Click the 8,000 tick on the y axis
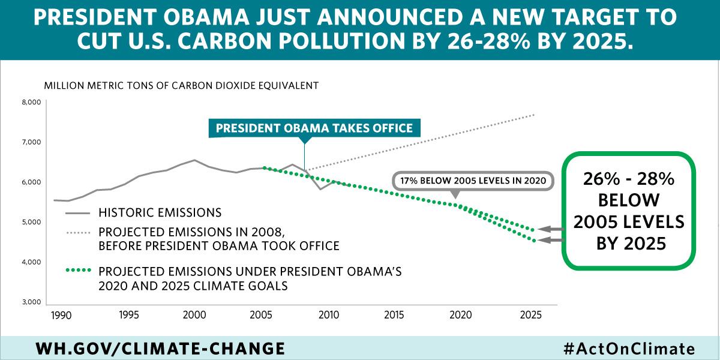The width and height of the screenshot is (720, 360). point(31,103)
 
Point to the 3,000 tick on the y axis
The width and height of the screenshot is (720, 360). point(31,302)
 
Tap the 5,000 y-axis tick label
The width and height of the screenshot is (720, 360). point(31,222)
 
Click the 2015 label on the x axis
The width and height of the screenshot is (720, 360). point(393,315)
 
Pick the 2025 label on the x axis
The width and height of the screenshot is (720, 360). point(529,315)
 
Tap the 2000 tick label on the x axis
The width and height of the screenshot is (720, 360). point(192,315)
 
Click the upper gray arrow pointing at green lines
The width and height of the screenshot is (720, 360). point(550,229)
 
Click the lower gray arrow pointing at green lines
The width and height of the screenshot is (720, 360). point(550,241)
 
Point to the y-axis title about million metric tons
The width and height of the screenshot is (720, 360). point(181,85)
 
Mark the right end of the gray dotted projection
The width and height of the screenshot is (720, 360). point(533,115)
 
